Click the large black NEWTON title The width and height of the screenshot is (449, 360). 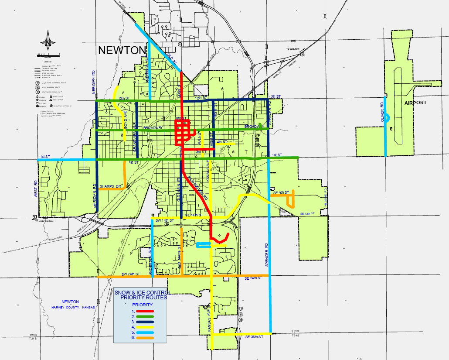pos(122,50)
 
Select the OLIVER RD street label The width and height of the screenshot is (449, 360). pos(382,112)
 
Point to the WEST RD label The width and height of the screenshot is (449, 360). pos(36,188)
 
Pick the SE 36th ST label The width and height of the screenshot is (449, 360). pos(254,337)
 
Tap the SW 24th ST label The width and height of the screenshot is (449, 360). pos(130,274)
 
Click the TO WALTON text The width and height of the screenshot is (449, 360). pos(293,49)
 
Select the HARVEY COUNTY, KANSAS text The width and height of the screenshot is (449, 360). pos(73,307)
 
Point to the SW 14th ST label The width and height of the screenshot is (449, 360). pos(165,221)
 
